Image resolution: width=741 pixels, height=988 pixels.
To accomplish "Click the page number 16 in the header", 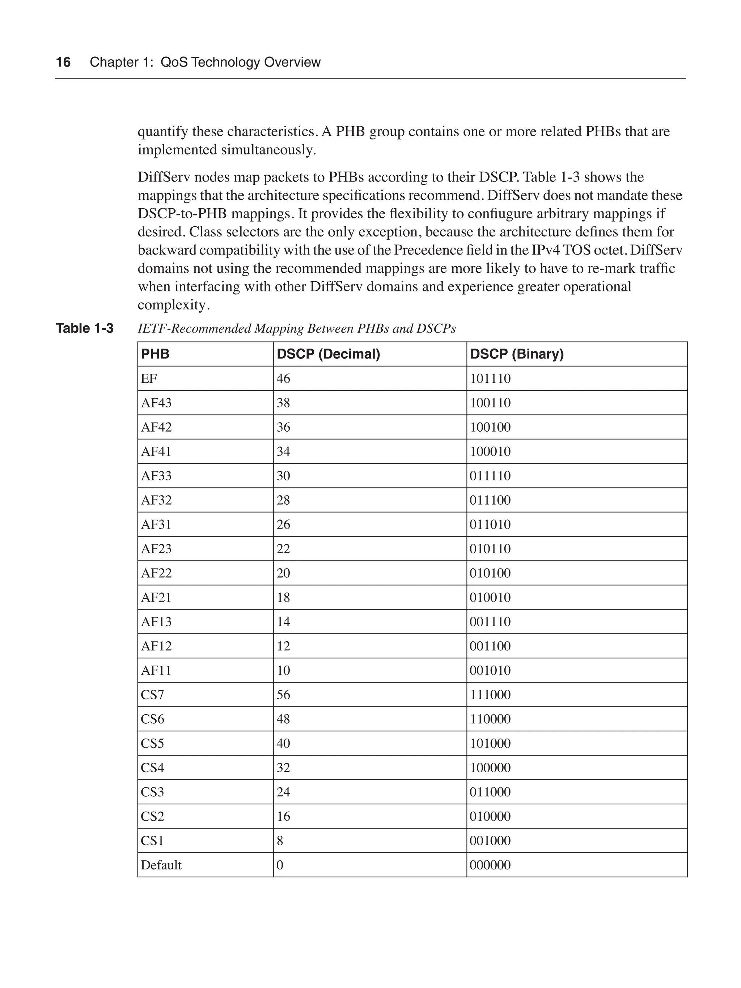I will pyautogui.click(x=63, y=62).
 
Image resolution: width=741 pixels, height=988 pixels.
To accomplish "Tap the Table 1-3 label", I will pyautogui.click(x=84, y=328).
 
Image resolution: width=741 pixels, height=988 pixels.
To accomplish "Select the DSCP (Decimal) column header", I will pyautogui.click(x=328, y=354).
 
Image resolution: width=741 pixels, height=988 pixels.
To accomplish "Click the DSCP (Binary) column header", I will pyautogui.click(x=517, y=354).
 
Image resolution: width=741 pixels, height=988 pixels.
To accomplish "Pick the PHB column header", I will pyautogui.click(x=155, y=354).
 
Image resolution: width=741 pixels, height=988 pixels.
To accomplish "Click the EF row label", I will pyautogui.click(x=149, y=379).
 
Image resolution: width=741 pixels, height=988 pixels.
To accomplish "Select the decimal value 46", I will pyautogui.click(x=283, y=379).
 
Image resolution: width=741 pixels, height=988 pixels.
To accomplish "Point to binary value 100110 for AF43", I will pyautogui.click(x=490, y=403).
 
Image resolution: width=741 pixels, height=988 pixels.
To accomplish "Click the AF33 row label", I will pyautogui.click(x=156, y=476).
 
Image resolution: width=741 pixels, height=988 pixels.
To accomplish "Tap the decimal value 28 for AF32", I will pyautogui.click(x=283, y=500).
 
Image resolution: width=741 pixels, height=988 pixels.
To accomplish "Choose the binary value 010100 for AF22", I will pyautogui.click(x=490, y=573).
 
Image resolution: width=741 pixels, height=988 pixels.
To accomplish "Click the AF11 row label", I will pyautogui.click(x=156, y=671).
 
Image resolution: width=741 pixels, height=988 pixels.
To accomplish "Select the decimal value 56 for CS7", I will pyautogui.click(x=283, y=694).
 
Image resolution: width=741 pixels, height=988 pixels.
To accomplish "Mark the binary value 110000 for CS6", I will pyautogui.click(x=490, y=719).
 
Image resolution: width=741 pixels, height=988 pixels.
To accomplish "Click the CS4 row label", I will pyautogui.click(x=152, y=768).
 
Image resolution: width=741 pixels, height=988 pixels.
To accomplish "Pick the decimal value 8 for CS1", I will pyautogui.click(x=280, y=841).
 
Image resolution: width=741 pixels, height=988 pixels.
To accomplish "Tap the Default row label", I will pyautogui.click(x=161, y=865).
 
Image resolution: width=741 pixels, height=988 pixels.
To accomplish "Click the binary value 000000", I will pyautogui.click(x=490, y=865).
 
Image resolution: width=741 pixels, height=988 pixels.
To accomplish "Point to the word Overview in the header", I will pyautogui.click(x=292, y=62).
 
